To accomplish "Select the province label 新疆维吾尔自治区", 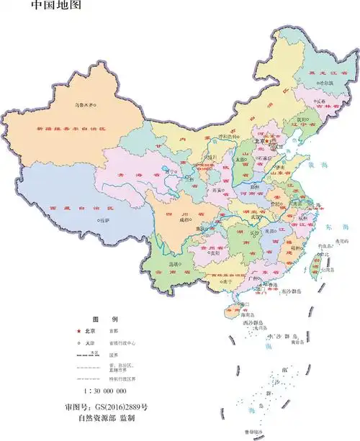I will (x=71, y=129).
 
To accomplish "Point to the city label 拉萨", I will (x=105, y=220).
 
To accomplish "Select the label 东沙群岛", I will (x=291, y=291).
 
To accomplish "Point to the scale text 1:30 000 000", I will (x=105, y=391).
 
